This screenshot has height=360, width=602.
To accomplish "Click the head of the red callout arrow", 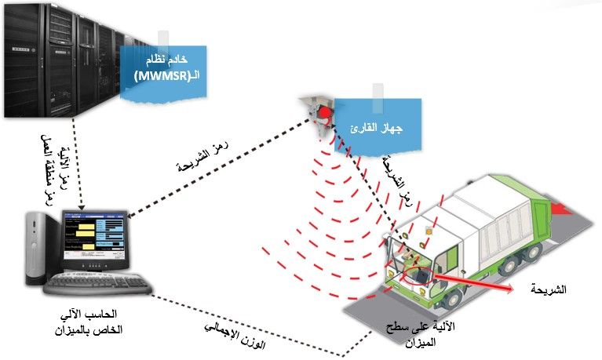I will pyautogui.click(x=511, y=289).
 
